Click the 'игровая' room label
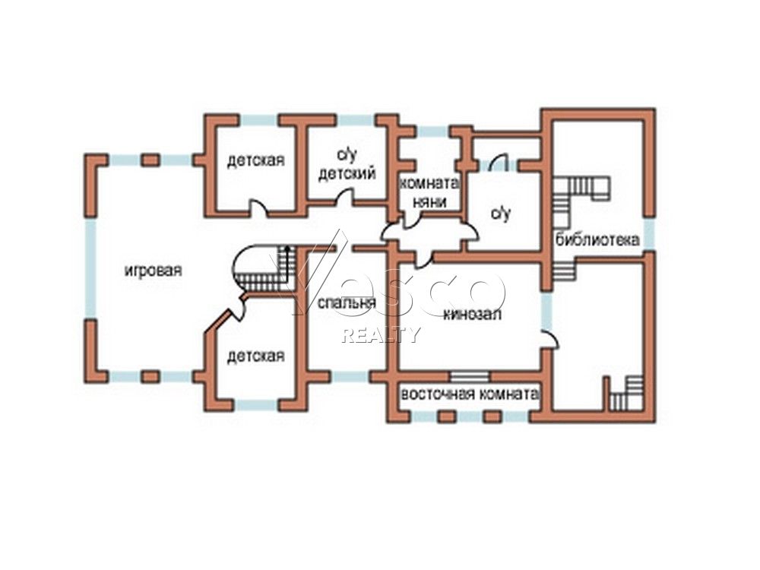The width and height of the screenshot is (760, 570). tap(154, 271)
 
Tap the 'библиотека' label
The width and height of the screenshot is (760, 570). tap(597, 239)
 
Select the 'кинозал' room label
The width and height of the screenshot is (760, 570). tap(473, 314)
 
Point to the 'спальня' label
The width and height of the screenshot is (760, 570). tap(347, 303)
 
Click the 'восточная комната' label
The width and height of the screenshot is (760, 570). tap(470, 394)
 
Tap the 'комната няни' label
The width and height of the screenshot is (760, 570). tap(429, 193)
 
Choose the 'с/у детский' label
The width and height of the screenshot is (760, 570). tap(347, 165)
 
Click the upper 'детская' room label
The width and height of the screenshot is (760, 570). tap(256, 160)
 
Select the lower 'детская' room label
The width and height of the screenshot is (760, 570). tap(256, 356)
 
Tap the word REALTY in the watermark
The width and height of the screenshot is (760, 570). tap(381, 334)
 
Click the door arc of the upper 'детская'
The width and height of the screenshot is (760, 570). tap(258, 207)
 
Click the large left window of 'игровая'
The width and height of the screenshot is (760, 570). tap(90, 268)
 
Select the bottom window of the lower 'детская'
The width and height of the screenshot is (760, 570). tap(256, 406)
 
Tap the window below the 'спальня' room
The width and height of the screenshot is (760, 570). tap(350, 377)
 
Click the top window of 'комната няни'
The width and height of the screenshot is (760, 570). tap(434, 131)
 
